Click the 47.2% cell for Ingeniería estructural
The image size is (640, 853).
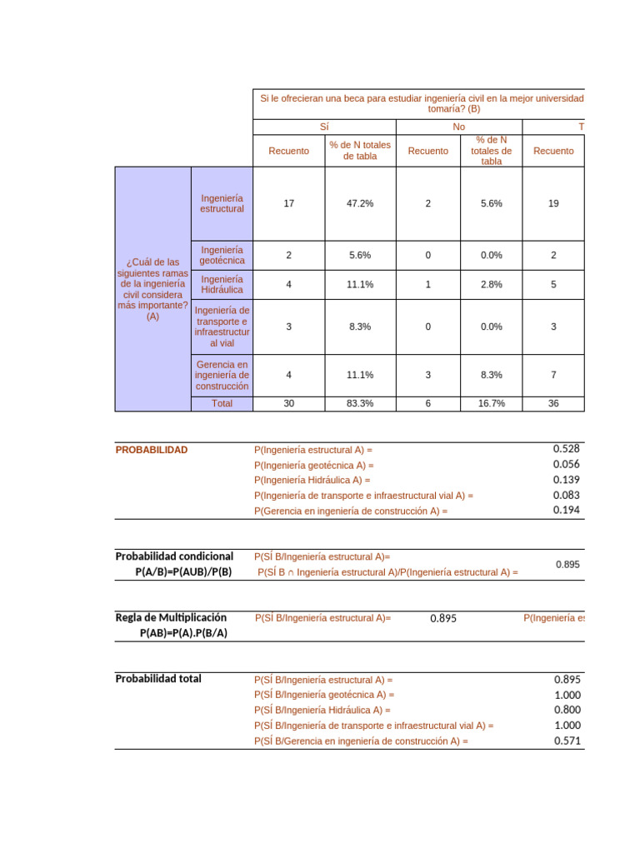point(360,203)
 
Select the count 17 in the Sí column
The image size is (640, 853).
point(288,203)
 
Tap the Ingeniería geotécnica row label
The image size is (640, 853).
point(222,255)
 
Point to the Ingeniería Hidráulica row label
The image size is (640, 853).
point(222,284)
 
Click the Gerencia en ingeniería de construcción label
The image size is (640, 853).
point(222,375)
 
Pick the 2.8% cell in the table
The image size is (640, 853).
point(491,284)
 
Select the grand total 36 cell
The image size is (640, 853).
point(553,403)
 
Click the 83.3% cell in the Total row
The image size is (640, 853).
point(360,403)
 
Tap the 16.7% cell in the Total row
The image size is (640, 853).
point(491,403)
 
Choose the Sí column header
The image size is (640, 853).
point(324,126)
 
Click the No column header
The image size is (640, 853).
point(459,126)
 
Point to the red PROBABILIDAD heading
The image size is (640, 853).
point(152,450)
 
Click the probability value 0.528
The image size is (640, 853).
point(566,449)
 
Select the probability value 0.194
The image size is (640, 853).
point(566,510)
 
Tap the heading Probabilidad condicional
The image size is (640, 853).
point(174,556)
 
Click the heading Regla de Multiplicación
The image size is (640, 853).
point(171,617)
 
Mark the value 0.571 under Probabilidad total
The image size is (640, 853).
point(566,741)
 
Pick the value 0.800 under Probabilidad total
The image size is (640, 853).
point(566,710)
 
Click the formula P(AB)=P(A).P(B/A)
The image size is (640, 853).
point(183,633)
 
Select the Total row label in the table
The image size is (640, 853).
point(222,403)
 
